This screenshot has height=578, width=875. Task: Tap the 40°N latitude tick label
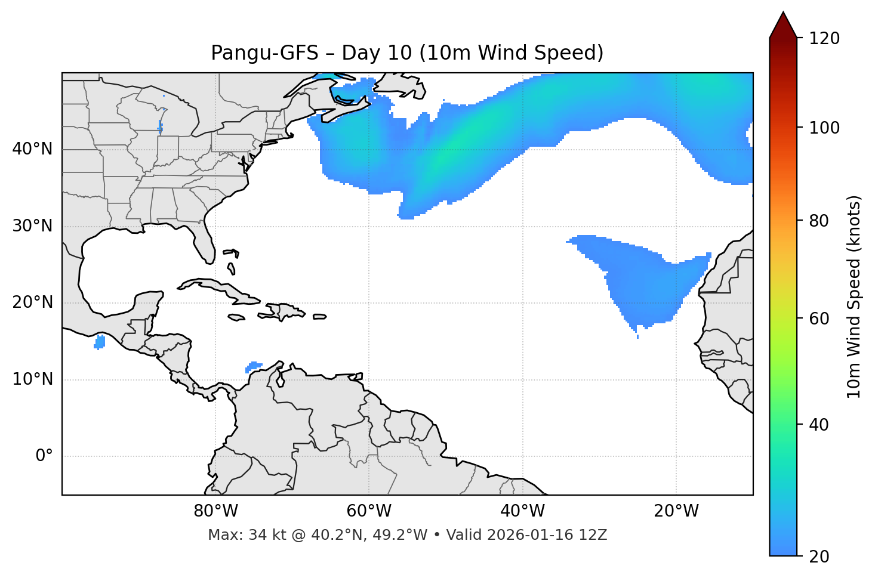point(32,149)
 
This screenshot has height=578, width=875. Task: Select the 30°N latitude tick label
point(32,226)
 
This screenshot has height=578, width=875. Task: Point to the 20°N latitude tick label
point(32,302)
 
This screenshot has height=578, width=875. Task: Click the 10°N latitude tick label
point(32,379)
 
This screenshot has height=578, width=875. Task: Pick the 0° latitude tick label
point(44,456)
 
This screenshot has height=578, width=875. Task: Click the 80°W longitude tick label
point(215,511)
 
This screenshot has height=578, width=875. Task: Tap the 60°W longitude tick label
point(369,511)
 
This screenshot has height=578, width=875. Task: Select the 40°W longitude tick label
point(522,511)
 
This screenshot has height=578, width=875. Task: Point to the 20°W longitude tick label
point(676,511)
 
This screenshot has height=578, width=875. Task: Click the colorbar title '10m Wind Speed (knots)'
point(854,296)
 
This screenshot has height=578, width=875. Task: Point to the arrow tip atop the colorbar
point(783,13)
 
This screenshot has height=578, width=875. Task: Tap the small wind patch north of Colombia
point(254,366)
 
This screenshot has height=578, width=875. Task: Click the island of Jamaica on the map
point(236,318)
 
